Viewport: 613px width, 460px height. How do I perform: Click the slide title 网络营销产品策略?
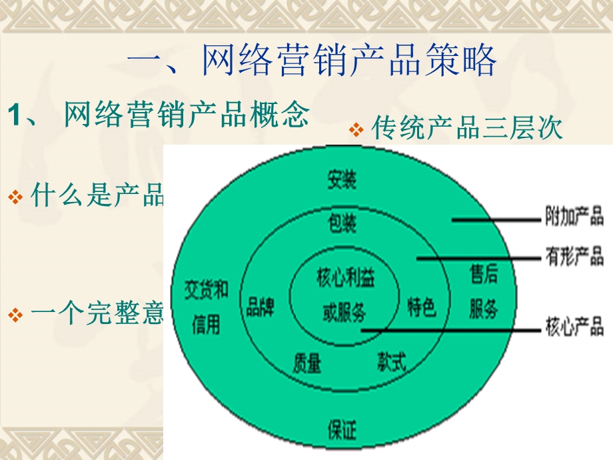pyautogui.click(x=311, y=61)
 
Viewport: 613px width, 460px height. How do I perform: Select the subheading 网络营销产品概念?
pyautogui.click(x=186, y=115)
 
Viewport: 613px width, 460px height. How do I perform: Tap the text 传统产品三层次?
pyautogui.click(x=466, y=129)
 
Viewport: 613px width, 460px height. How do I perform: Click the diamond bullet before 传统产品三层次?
pyautogui.click(x=357, y=129)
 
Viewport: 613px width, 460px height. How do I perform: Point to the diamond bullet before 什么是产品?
pyautogui.click(x=16, y=197)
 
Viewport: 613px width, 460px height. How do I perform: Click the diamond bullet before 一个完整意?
pyautogui.click(x=16, y=315)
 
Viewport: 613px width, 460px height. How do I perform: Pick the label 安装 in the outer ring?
pyautogui.click(x=341, y=179)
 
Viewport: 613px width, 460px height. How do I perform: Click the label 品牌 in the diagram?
pyautogui.click(x=260, y=308)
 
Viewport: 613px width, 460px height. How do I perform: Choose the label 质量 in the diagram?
pyautogui.click(x=306, y=363)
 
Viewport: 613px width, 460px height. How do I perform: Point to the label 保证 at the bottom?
pyautogui.click(x=342, y=430)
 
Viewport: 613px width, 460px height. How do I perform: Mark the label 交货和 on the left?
pyautogui.click(x=207, y=290)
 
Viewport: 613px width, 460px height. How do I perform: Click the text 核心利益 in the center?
pyautogui.click(x=345, y=278)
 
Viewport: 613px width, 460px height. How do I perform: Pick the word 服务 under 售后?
pyautogui.click(x=483, y=309)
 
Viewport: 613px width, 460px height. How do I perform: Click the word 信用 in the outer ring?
pyautogui.click(x=206, y=326)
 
